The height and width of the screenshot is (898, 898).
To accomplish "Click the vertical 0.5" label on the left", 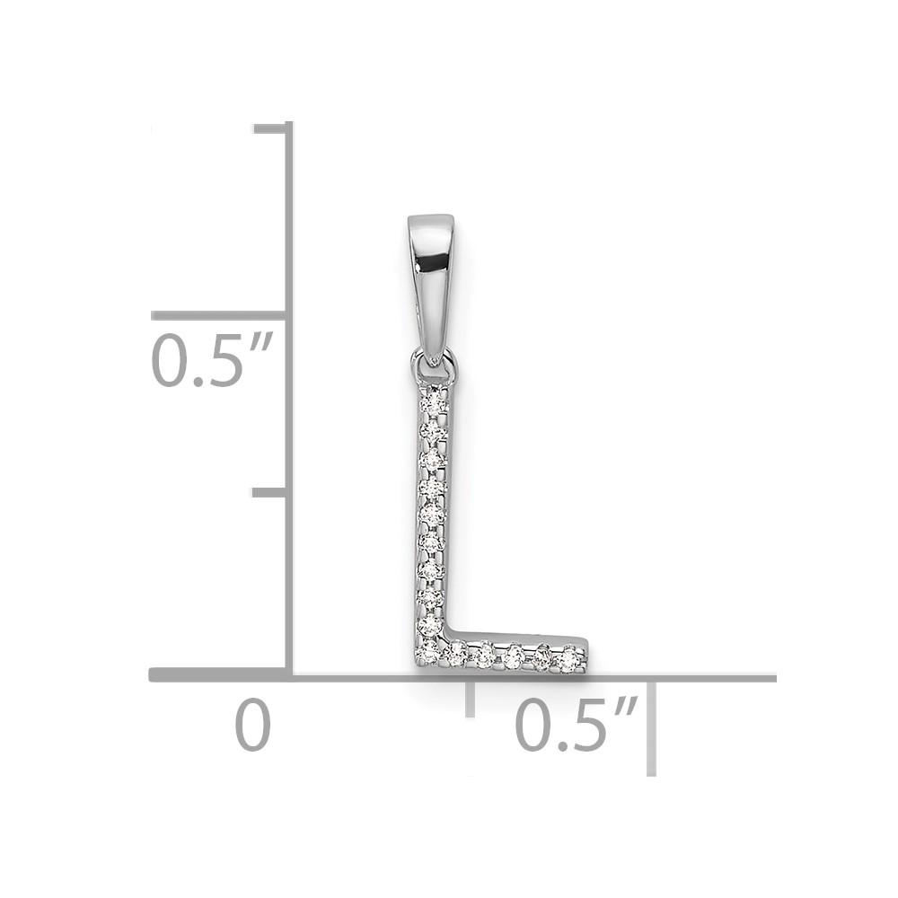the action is pyautogui.click(x=210, y=361).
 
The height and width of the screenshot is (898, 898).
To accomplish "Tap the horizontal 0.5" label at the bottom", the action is pyautogui.click(x=577, y=725).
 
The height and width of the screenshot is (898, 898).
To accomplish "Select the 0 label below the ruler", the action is pyautogui.click(x=252, y=725).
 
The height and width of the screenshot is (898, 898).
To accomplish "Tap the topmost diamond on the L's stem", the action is pyautogui.click(x=433, y=404).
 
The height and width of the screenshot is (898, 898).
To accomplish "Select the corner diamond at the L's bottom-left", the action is pyautogui.click(x=429, y=653).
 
